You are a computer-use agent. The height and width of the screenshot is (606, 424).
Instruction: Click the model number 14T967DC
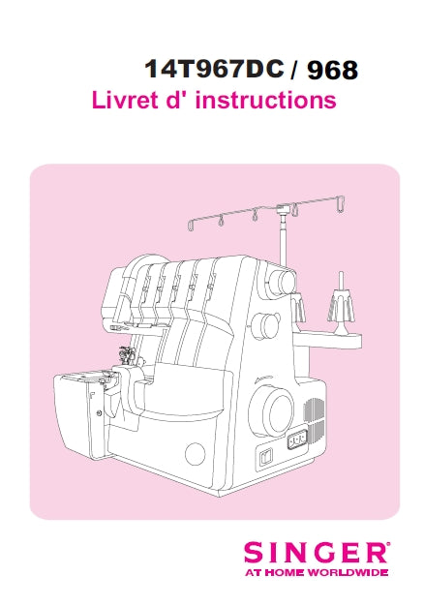coord(214,70)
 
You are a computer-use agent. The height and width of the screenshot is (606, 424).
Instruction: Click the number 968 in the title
coord(332,71)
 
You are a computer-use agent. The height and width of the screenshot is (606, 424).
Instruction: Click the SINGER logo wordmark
coord(316,553)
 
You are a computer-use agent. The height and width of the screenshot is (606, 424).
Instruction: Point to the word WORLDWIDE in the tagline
coord(348,572)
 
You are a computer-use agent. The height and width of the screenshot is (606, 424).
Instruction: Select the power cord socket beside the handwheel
coord(297,439)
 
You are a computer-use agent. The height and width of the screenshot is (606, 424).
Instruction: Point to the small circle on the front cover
coord(196,453)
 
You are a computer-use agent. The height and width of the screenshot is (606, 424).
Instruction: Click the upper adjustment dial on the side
coord(282,282)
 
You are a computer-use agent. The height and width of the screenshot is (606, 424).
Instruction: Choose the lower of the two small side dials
coord(266,324)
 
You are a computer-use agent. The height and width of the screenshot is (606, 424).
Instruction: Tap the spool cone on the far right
coord(341,305)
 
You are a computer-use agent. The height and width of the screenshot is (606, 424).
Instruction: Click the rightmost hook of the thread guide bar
coord(340,205)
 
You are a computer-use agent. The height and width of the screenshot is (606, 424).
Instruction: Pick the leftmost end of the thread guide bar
coord(189,227)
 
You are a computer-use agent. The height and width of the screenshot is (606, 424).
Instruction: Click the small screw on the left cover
coord(100,413)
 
